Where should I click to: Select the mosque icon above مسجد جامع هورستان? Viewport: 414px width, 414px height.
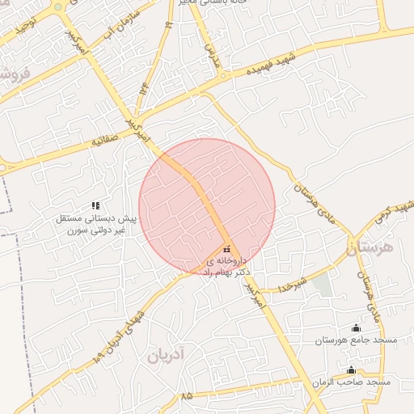tap(356, 327)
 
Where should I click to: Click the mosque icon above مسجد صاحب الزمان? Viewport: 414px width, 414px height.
tap(350, 370)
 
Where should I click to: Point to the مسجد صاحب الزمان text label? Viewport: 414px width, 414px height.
tap(355, 381)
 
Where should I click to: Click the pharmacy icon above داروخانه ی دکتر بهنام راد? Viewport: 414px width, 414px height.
tap(226, 248)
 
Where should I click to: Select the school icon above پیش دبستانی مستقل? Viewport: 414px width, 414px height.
tap(95, 206)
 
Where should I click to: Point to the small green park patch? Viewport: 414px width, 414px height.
tap(323, 284)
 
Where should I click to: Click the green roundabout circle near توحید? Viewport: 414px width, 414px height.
tap(58, 7)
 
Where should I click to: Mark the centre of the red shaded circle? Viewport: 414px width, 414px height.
tap(207, 206)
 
